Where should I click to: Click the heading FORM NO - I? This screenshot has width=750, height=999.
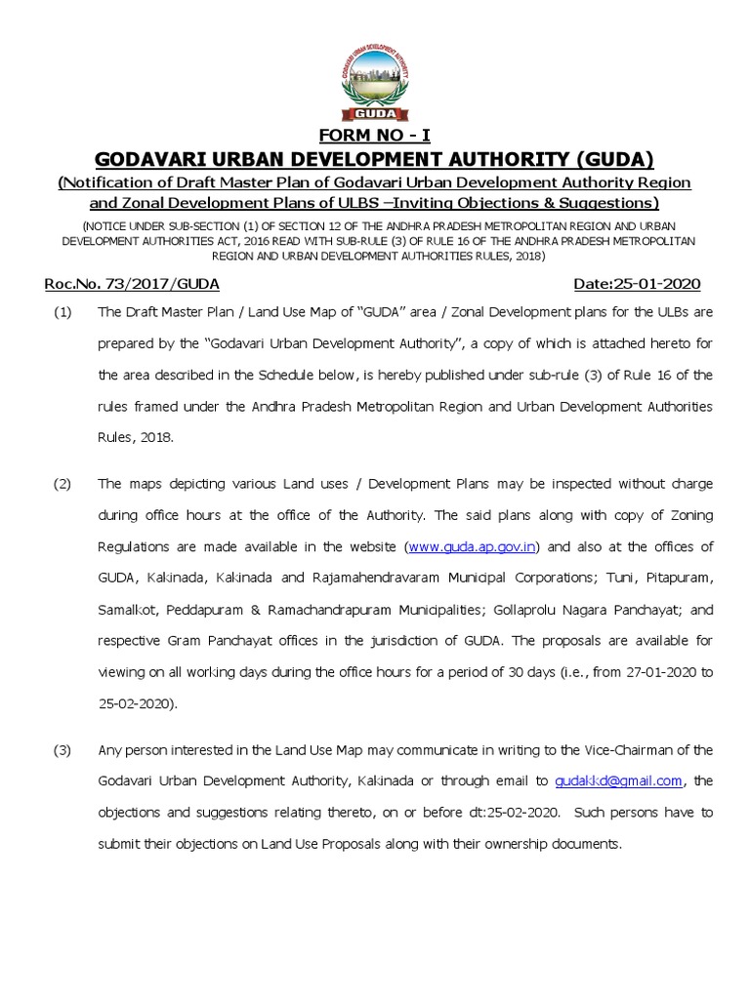375,134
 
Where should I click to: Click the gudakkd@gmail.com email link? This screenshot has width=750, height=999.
617,780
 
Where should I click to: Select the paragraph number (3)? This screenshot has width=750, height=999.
62,749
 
